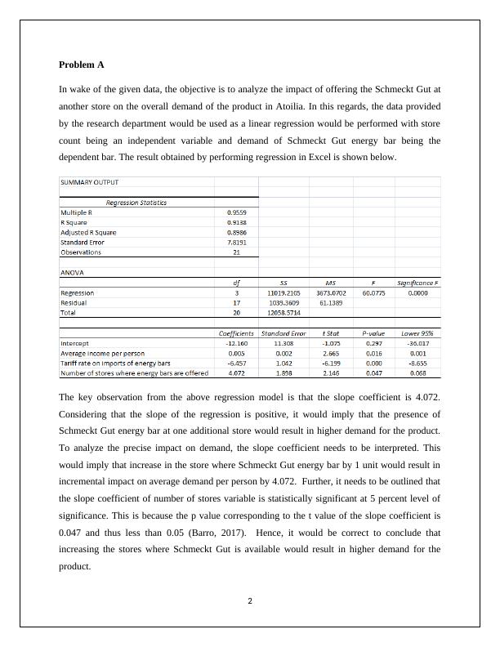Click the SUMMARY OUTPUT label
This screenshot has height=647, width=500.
pyautogui.click(x=89, y=182)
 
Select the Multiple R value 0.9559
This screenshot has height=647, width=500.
pyautogui.click(x=237, y=212)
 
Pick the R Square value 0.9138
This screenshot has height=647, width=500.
pyautogui.click(x=237, y=222)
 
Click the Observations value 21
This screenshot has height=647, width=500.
pyautogui.click(x=237, y=252)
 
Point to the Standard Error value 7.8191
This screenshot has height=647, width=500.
pyautogui.click(x=237, y=243)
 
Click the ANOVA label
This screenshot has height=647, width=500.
pyautogui.click(x=72, y=272)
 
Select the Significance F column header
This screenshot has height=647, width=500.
pyautogui.click(x=417, y=283)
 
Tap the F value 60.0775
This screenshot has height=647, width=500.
pyautogui.click(x=373, y=292)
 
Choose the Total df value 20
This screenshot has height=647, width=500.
pyautogui.click(x=237, y=312)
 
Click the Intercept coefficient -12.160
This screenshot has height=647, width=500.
pyautogui.click(x=237, y=344)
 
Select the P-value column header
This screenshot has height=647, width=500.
pyautogui.click(x=373, y=333)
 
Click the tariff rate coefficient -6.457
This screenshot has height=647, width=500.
pyautogui.click(x=237, y=364)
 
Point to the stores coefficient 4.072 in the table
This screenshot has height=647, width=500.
pyautogui.click(x=237, y=373)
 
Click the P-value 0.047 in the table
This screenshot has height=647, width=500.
pyautogui.click(x=373, y=373)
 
